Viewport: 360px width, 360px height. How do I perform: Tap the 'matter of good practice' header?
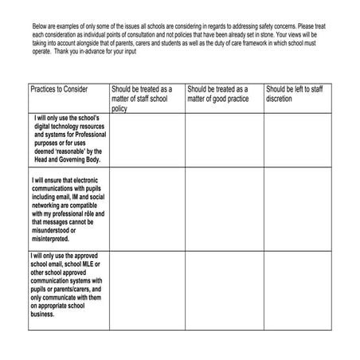(219, 94)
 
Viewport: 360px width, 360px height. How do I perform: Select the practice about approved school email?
(67, 285)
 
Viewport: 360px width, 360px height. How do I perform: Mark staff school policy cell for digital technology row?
(147, 140)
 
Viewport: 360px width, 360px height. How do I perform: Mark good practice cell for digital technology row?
(224, 140)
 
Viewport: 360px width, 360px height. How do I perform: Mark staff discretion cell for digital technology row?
(297, 140)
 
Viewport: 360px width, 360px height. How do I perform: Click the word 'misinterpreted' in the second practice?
(52, 237)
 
